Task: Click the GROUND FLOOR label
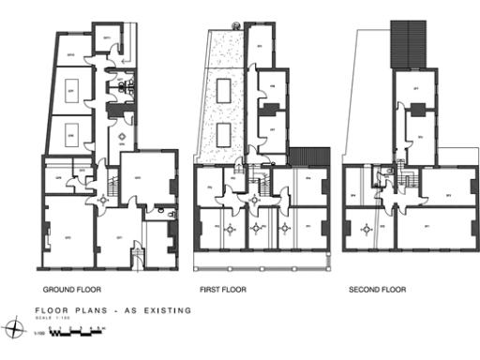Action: (x=72, y=290)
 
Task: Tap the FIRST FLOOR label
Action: (x=223, y=290)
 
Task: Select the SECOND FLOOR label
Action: (x=377, y=290)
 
